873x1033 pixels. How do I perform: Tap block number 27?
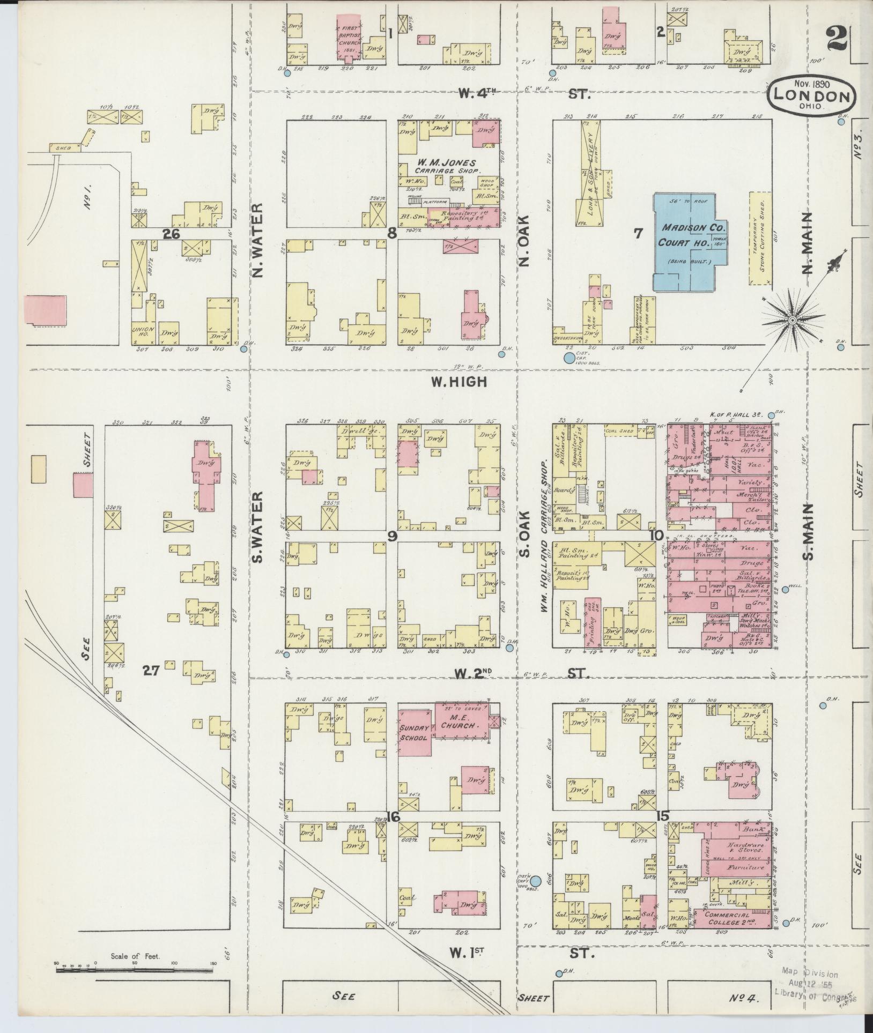click(x=151, y=670)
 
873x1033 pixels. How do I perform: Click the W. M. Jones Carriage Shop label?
click(x=449, y=166)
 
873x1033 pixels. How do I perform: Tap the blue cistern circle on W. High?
click(x=568, y=358)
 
